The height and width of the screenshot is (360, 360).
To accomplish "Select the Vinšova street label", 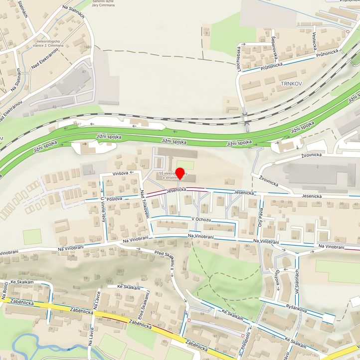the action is click(121, 173).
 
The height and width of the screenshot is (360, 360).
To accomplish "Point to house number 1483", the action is click(88, 47).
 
